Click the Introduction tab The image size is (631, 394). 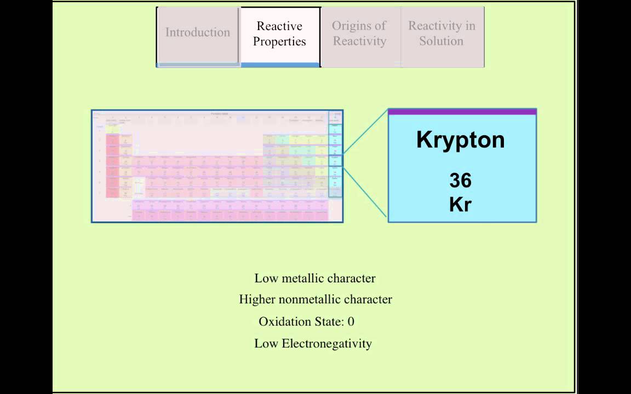[198, 33]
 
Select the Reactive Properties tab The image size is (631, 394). [279, 34]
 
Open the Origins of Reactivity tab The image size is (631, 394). [359, 34]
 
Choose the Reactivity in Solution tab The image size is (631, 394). [441, 34]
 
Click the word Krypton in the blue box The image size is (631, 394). [460, 140]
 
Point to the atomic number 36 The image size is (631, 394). [460, 181]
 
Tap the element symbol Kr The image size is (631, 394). [460, 205]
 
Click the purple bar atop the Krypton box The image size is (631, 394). [462, 112]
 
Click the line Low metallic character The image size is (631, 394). [315, 279]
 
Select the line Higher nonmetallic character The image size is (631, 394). [315, 300]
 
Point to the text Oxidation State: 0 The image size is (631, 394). [307, 322]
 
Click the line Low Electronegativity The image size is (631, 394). [313, 344]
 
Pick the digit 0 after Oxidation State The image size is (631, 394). [351, 322]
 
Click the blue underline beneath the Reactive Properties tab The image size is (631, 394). [279, 65]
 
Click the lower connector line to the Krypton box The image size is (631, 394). [365, 191]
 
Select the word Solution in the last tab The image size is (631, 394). [441, 42]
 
